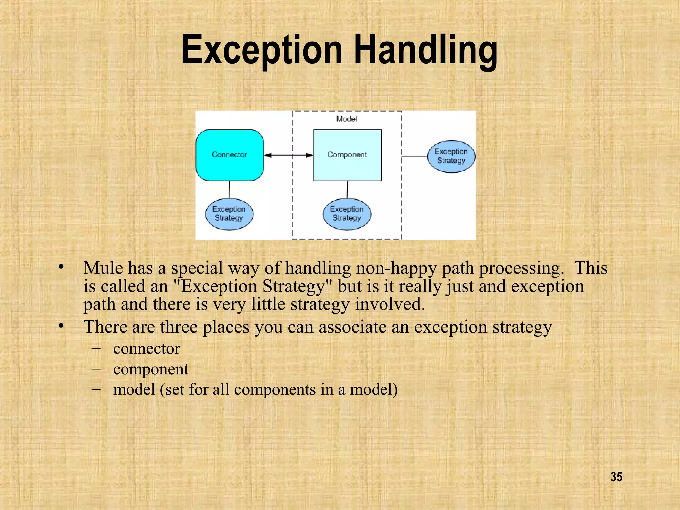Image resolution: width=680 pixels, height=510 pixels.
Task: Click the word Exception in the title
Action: (x=262, y=50)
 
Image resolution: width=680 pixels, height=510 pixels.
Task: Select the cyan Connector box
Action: (x=229, y=155)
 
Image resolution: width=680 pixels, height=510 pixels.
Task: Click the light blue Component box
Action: (x=347, y=155)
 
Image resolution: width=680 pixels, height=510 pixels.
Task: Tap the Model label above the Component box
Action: (x=346, y=119)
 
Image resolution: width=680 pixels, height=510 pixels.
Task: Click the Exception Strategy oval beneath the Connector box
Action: (x=229, y=214)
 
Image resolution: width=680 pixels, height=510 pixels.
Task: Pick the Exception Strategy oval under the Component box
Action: (x=347, y=214)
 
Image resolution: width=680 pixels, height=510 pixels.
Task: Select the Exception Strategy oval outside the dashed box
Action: (x=451, y=156)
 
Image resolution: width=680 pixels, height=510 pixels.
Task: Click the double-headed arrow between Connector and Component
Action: (x=288, y=155)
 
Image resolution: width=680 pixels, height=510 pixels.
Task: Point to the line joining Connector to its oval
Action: (x=229, y=189)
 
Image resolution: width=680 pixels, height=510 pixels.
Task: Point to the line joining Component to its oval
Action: (x=347, y=189)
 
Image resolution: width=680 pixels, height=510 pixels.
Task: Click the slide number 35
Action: (x=616, y=477)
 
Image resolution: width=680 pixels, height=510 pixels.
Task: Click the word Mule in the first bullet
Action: (x=103, y=268)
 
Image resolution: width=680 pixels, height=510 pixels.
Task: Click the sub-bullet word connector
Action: (x=146, y=349)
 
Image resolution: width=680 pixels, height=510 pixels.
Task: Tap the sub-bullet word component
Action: (x=150, y=369)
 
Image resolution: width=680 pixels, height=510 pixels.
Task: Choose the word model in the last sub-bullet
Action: (x=134, y=389)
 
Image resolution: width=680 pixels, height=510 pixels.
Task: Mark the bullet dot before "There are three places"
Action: (x=61, y=326)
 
